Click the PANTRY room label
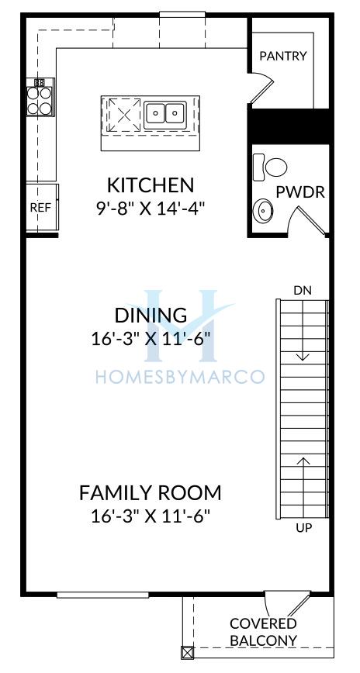(x=283, y=56)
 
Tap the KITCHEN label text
(x=151, y=185)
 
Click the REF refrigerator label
(x=40, y=208)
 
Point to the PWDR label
(x=299, y=192)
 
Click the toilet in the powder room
(x=270, y=167)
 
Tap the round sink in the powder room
(x=261, y=211)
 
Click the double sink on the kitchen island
(x=165, y=114)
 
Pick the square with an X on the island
(x=123, y=115)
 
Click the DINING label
(x=151, y=315)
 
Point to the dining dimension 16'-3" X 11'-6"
(x=151, y=339)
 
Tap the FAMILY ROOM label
(x=151, y=492)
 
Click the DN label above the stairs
(x=303, y=291)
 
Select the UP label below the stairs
(x=303, y=528)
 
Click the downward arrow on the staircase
(x=303, y=330)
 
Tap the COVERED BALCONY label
(x=263, y=632)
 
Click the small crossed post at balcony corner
(x=188, y=652)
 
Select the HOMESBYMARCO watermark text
(x=179, y=377)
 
